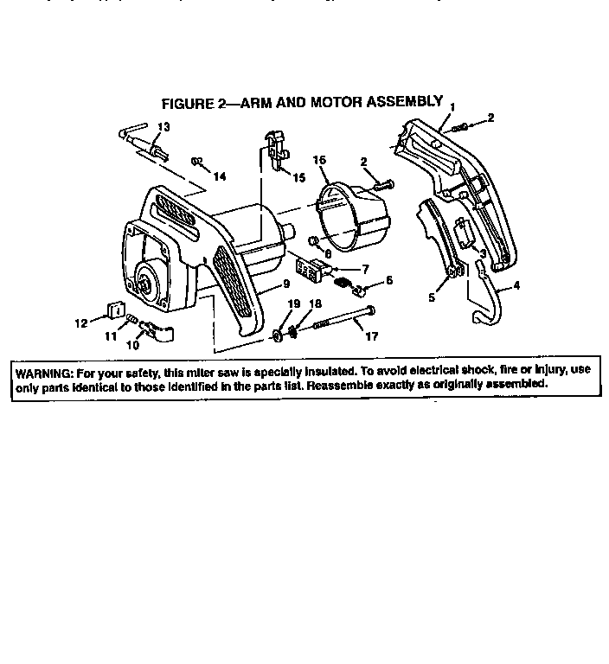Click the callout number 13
click(163, 127)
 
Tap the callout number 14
click(219, 176)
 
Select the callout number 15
click(299, 177)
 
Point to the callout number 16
click(319, 161)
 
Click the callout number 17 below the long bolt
click(373, 336)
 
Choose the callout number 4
click(516, 284)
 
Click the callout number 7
click(365, 269)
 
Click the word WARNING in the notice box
click(45, 370)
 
